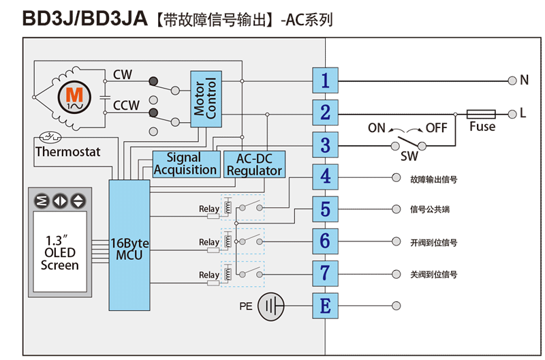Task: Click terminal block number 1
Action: pos(325,80)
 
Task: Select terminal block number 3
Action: pos(325,145)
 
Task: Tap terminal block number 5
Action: pos(325,209)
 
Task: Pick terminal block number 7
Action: pos(325,273)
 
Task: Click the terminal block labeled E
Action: pos(325,305)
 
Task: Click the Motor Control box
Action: pos(206,99)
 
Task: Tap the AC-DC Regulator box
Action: pos(254,164)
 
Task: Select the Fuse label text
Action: pos(482,127)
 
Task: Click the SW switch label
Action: pos(409,157)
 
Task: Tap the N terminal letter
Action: pos(524,80)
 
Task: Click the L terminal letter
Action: pos(523,113)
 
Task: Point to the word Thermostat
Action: pos(67,151)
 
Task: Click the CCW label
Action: pos(126,106)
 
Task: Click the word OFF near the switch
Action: pos(437,128)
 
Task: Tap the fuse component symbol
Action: pos(482,113)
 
